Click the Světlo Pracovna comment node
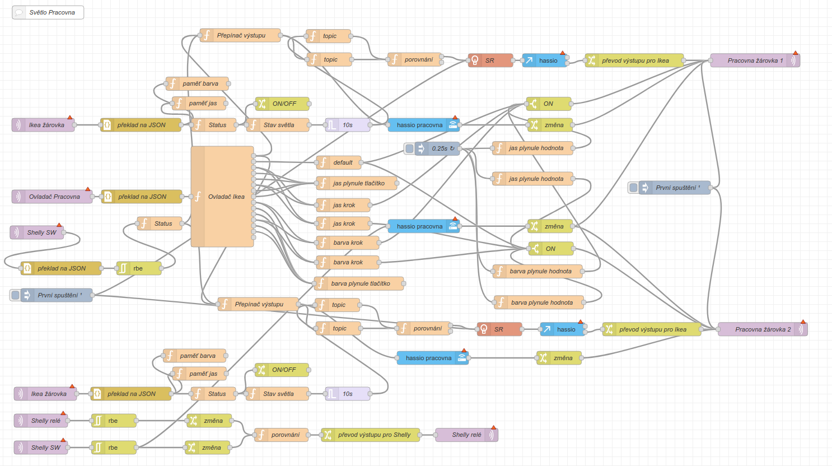coord(48,12)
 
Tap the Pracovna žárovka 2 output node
coord(762,329)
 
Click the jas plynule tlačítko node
coord(358,183)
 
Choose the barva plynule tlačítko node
coord(359,283)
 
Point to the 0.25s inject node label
coord(440,148)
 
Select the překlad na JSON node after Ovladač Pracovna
coord(142,197)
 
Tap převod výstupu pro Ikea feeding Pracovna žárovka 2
coord(652,329)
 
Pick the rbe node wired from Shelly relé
coord(114,421)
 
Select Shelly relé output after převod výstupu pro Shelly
coord(466,435)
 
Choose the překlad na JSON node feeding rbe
coord(61,268)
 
